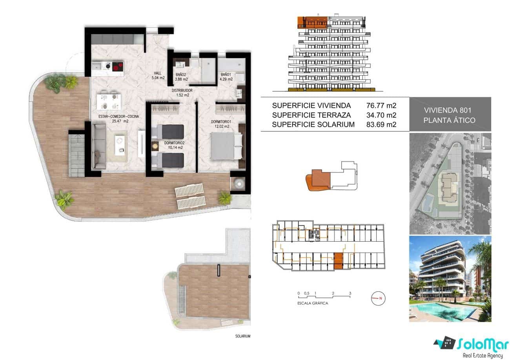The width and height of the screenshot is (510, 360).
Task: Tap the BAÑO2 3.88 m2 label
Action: [x=181, y=76]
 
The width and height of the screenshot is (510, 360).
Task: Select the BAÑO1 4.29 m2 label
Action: [x=226, y=76]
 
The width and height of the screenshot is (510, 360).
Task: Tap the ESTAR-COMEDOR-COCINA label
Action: [x=113, y=119]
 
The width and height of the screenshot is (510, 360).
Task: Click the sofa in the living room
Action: [x=98, y=145]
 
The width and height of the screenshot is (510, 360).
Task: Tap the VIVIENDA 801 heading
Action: [x=450, y=110]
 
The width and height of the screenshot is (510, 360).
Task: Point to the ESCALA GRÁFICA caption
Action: [x=313, y=303]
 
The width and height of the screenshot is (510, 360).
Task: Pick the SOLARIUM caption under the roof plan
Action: [x=242, y=336]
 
